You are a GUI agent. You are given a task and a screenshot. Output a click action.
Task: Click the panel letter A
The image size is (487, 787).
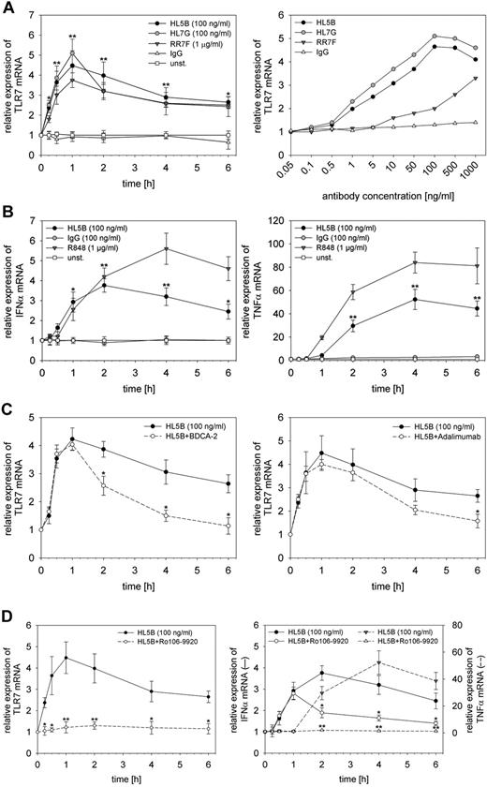point(7,7)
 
